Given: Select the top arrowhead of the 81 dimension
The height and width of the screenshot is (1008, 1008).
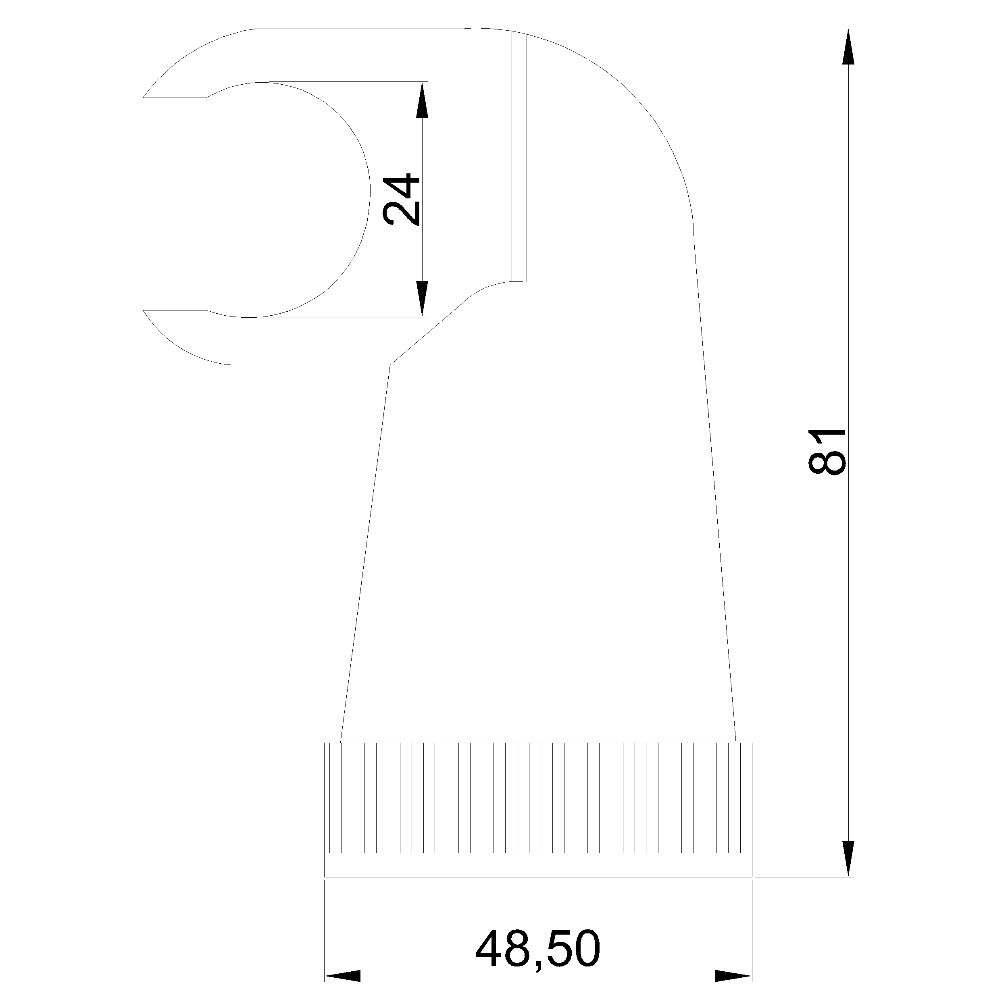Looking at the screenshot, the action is point(849,46).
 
